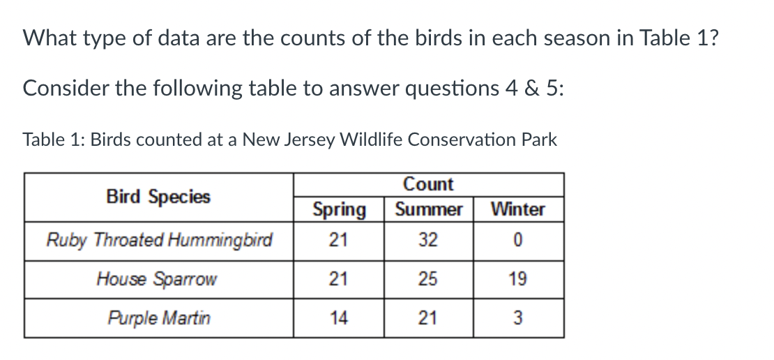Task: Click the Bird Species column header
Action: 158,197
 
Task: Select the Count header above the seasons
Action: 428,184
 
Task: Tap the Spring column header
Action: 339,209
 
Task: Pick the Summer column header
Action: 428,209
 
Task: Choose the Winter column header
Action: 518,209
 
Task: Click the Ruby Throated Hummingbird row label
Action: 158,241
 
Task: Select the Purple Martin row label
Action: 158,319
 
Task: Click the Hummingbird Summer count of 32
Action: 428,241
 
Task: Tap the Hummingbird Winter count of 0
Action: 518,241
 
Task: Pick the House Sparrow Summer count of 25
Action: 428,280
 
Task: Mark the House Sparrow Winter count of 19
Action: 518,280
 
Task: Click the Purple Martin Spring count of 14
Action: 339,319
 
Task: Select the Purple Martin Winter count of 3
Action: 518,319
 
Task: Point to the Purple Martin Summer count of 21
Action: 428,319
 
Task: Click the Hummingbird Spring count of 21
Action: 339,241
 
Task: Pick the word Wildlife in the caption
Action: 371,140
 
